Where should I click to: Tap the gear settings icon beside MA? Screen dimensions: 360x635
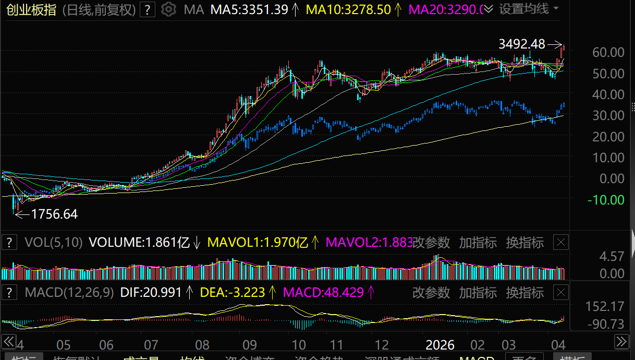[x=168, y=9]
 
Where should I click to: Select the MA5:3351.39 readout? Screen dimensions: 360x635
[x=249, y=9]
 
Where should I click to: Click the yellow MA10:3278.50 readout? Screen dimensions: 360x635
[x=348, y=9]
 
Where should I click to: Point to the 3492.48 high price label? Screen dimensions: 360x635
[x=522, y=44]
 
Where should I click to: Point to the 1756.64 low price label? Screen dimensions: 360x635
[x=54, y=214]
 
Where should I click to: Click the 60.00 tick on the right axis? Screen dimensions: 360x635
[x=608, y=53]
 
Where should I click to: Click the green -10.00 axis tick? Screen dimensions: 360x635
[x=605, y=200]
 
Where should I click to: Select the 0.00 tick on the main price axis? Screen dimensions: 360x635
[x=611, y=178]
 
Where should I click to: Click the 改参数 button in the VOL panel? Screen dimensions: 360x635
[x=431, y=243]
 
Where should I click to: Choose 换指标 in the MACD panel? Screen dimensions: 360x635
[x=524, y=293]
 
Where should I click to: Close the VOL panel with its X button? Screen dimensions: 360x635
[x=560, y=242]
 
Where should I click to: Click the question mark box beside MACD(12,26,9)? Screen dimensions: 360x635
[x=9, y=293]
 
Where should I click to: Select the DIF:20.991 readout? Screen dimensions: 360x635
[x=151, y=293]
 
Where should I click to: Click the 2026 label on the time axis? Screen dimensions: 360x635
[x=440, y=345]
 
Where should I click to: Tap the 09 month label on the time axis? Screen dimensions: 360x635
[x=249, y=345]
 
